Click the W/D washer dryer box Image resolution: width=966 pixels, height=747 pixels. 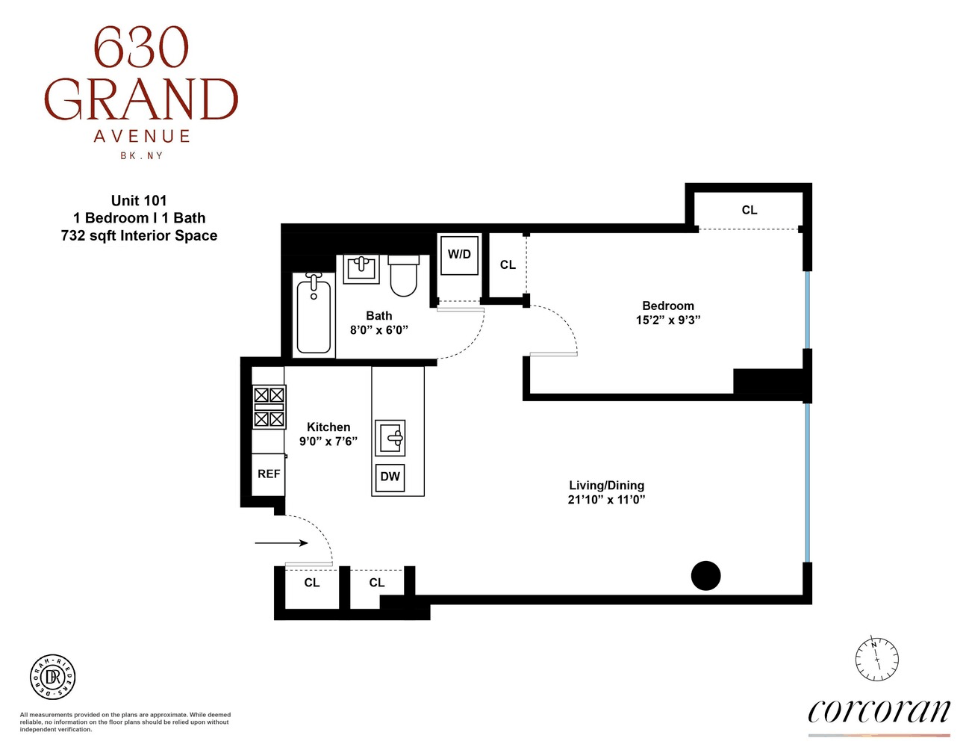[459, 255]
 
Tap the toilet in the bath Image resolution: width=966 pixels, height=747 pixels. [404, 275]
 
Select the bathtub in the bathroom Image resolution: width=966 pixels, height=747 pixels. [314, 314]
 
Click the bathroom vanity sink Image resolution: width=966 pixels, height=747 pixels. [361, 269]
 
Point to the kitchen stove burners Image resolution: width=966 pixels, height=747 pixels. [269, 407]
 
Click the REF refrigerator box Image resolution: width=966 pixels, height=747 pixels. [269, 474]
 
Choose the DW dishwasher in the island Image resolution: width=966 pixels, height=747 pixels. [390, 477]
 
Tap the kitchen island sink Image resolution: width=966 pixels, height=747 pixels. [390, 438]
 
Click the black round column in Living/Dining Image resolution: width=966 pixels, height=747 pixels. [705, 576]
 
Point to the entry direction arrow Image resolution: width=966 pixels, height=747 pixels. [281, 543]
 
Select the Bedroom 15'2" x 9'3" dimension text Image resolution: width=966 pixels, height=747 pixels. [667, 320]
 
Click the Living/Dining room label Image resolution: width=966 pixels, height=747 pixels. [606, 485]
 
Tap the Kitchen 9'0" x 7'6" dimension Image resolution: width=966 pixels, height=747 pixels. [328, 441]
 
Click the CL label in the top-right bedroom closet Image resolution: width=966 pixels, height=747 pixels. [749, 210]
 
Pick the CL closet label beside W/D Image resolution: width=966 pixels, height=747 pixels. [508, 265]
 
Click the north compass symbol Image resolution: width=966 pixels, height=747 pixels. [876, 660]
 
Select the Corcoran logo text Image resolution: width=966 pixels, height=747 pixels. [879, 711]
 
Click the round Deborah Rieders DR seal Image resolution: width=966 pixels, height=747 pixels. [52, 677]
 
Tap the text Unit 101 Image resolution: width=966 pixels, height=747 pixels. [139, 200]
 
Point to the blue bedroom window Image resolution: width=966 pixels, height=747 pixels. [807, 310]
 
